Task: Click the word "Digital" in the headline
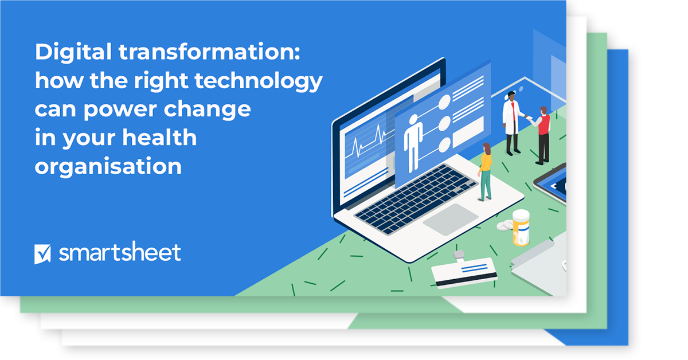tap(73, 53)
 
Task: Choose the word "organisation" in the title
tap(108, 166)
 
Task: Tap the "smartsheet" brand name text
tap(120, 252)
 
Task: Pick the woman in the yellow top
tap(486, 171)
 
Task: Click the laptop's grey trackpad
tap(450, 220)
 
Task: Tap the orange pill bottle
tap(521, 227)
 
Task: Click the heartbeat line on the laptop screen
tap(368, 140)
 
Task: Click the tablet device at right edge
tap(553, 183)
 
